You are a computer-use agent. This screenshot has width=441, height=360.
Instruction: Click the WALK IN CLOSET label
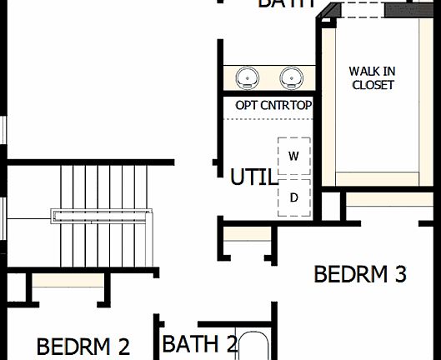point(373,78)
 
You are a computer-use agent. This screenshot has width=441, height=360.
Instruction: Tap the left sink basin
point(247,78)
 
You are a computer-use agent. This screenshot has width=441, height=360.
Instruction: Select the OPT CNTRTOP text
point(273,106)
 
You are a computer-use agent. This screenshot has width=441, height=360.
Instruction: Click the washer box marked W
point(293,156)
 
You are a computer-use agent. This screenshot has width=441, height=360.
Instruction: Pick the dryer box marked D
point(293,197)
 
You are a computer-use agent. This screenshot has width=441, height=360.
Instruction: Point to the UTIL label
point(254,177)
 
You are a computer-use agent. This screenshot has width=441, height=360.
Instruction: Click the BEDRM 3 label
point(359,273)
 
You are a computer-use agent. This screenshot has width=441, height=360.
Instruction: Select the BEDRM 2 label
point(83,345)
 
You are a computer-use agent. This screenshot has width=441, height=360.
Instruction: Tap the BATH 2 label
point(200,343)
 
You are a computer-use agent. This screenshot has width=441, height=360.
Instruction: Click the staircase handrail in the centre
point(103,215)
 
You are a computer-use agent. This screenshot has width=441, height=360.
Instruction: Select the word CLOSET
point(373,85)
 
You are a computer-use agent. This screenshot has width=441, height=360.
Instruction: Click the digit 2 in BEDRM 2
point(123,345)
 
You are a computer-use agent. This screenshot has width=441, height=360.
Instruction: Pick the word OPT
point(246,106)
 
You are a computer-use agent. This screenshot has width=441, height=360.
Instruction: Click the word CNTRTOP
point(285,106)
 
